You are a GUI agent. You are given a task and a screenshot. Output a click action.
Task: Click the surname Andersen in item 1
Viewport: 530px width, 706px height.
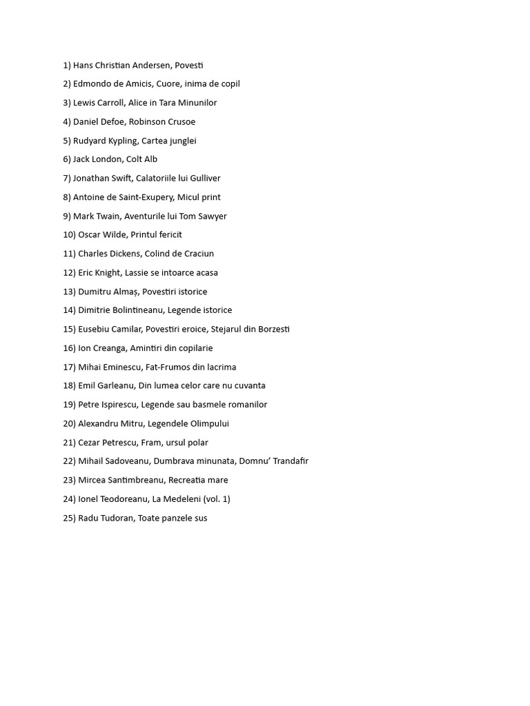151,65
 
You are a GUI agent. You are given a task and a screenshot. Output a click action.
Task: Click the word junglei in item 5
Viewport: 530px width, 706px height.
179,141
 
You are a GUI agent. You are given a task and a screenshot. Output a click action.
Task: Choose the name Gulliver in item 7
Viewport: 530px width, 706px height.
205,179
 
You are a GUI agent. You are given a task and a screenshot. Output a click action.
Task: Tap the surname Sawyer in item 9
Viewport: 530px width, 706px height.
213,216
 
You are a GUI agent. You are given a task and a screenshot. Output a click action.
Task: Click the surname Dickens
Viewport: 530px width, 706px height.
126,254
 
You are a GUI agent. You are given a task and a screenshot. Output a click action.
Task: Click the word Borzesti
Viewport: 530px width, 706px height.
274,330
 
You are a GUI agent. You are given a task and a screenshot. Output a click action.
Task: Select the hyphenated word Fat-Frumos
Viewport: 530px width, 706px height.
168,367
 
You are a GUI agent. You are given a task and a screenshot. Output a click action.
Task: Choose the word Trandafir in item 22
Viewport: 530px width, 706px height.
291,461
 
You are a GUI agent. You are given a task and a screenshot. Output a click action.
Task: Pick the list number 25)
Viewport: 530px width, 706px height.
69,518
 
